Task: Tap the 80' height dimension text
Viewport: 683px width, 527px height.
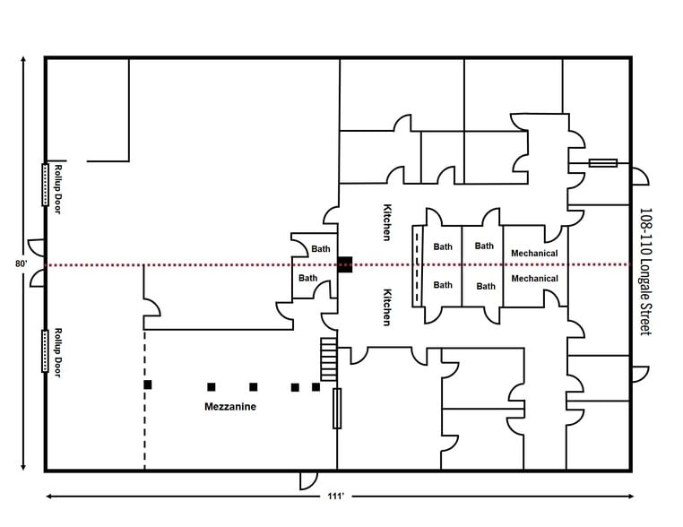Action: click(21, 264)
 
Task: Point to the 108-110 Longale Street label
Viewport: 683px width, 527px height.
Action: click(645, 272)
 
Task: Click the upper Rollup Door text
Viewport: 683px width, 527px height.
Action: click(58, 186)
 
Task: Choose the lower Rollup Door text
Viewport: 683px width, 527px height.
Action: click(58, 350)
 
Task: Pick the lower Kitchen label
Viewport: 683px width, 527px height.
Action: click(387, 307)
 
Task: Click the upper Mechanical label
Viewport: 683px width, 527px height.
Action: click(534, 254)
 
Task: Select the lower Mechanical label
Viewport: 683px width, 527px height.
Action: click(534, 279)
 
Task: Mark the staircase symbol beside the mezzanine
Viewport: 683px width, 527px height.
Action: click(328, 359)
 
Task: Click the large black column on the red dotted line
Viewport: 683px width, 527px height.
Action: click(345, 264)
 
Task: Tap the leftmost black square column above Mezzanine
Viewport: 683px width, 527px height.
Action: click(148, 384)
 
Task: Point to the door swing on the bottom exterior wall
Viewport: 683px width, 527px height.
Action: click(309, 480)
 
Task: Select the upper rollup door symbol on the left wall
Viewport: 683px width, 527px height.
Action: click(43, 185)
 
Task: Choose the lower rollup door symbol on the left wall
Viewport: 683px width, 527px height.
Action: click(43, 350)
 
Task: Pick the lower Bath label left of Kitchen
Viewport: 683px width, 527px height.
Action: click(307, 279)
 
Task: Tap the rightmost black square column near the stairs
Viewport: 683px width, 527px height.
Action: click(316, 387)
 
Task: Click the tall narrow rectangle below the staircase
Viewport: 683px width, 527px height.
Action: click(338, 408)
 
